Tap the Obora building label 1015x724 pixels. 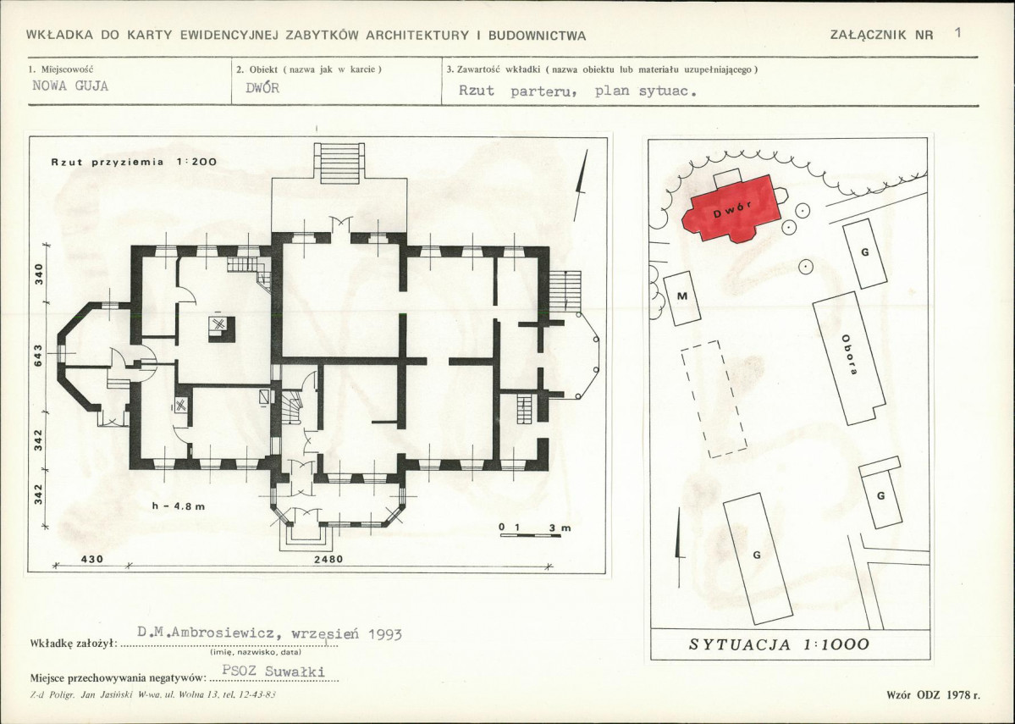(x=850, y=355)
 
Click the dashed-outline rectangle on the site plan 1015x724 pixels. (x=714, y=399)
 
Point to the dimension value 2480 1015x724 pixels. (x=328, y=559)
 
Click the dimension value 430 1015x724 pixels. (x=91, y=559)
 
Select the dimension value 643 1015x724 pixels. (x=38, y=356)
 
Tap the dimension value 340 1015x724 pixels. (x=38, y=274)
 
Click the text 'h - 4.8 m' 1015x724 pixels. (x=179, y=506)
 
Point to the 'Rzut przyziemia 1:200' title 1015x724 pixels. (x=134, y=162)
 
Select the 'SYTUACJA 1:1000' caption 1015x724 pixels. (x=779, y=644)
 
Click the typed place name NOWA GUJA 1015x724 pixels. (x=70, y=86)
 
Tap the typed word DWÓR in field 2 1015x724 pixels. (x=262, y=87)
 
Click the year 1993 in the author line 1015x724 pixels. (x=384, y=634)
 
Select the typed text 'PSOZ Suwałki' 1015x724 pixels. (x=273, y=671)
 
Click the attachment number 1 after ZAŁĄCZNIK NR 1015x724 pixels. (x=958, y=32)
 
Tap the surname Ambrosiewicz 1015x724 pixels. (x=227, y=633)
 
